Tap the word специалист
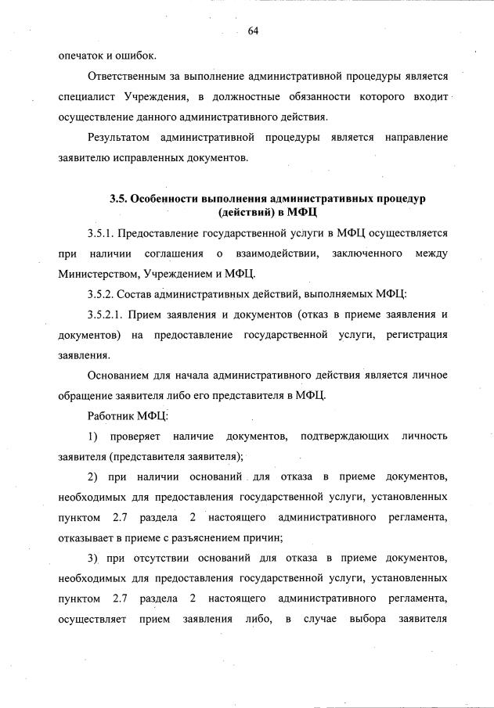85,97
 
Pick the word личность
424,436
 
